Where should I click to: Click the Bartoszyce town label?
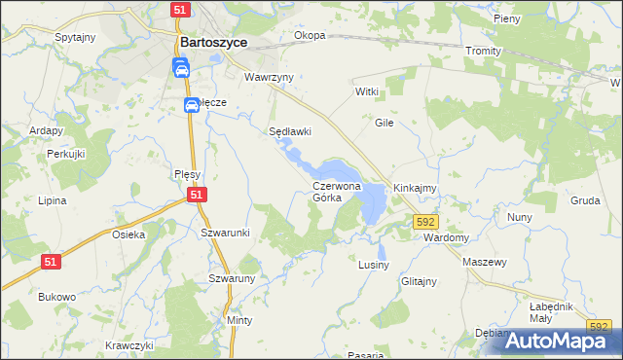coord(213,43)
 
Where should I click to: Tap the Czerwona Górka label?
coord(337,191)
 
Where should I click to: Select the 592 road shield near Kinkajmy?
coord(424,223)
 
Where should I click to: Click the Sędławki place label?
coord(289,131)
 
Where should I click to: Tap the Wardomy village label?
coord(447,237)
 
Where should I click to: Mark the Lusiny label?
coord(374,265)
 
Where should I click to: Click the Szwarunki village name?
coord(226,233)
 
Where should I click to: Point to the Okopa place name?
coord(310,36)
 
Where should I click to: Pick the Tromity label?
coord(483,51)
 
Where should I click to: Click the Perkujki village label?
coord(66,155)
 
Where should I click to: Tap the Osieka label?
coord(128,234)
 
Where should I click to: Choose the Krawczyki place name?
coord(130,345)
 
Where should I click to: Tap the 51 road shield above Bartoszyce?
coord(179,9)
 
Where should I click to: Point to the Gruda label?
coord(585,200)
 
